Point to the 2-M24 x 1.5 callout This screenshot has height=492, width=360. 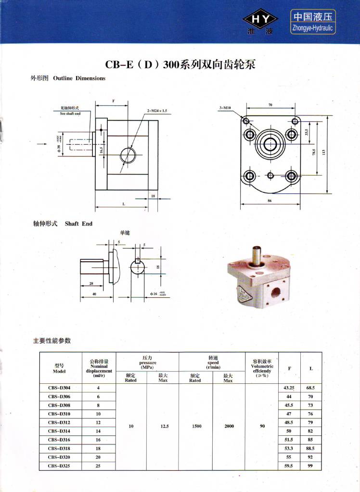click(x=157, y=111)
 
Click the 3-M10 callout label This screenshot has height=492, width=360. click(x=226, y=108)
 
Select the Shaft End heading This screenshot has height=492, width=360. click(x=63, y=224)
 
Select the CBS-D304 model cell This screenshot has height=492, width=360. click(x=59, y=388)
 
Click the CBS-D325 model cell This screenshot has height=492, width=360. click(x=59, y=466)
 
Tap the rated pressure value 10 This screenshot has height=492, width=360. click(x=131, y=426)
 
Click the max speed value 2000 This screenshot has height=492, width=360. click(x=229, y=426)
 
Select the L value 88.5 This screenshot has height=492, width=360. click(x=310, y=448)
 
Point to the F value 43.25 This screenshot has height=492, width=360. click(x=289, y=388)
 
